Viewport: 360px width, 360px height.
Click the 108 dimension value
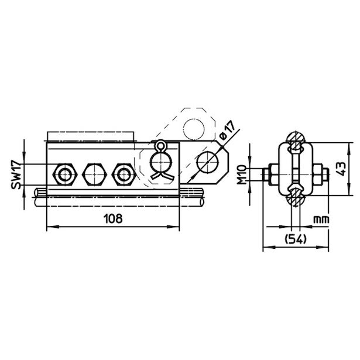point(113,218)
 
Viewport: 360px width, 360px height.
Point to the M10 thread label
point(242,174)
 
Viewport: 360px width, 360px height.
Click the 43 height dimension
point(341,169)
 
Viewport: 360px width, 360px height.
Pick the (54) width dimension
point(296,239)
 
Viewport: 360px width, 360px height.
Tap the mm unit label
point(321,220)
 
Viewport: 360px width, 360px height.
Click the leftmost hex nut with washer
point(65,174)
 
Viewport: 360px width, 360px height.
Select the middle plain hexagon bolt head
point(95,174)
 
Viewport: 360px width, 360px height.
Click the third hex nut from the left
point(124,174)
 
